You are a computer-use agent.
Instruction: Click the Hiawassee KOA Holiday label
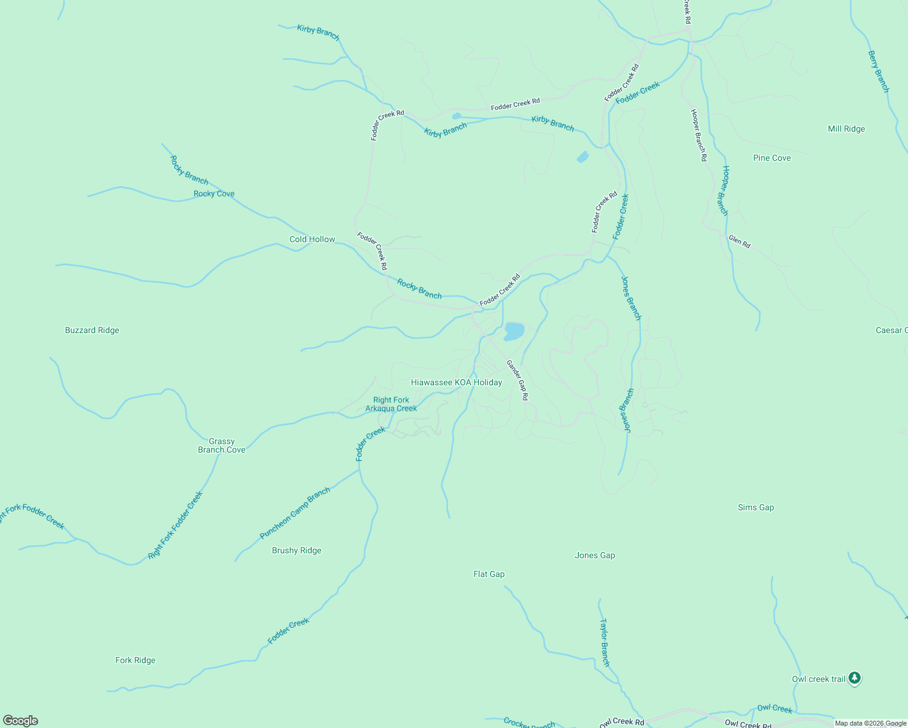point(456,382)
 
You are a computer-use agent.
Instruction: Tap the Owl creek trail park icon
point(855,678)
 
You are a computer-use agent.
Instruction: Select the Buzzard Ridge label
point(92,330)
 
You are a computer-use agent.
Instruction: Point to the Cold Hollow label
point(312,239)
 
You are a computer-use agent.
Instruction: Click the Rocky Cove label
point(214,194)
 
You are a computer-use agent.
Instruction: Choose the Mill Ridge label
point(846,129)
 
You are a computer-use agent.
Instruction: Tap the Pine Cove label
point(771,158)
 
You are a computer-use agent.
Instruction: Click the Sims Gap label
point(756,507)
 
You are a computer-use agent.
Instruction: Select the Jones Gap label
point(594,555)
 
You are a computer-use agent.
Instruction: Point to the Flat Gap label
point(489,574)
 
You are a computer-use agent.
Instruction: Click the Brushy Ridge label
point(296,550)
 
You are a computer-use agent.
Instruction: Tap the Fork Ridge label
point(135,660)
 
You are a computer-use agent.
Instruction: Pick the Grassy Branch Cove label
point(222,445)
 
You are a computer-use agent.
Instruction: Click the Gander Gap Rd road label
point(518,380)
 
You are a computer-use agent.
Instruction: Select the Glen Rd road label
point(739,241)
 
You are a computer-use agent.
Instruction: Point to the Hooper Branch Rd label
point(699,135)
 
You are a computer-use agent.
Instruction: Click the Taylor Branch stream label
point(605,642)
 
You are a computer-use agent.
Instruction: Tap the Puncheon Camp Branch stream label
point(295,513)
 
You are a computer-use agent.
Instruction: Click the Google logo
point(21,721)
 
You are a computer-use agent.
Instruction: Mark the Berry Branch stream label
point(878,72)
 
